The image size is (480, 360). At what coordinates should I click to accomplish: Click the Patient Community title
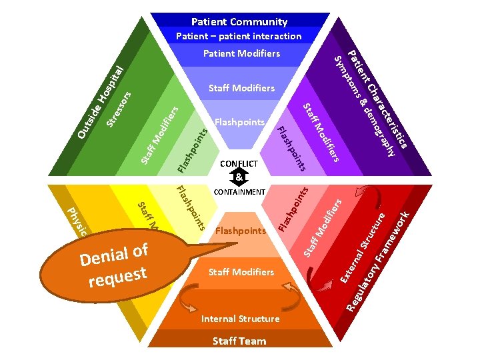(239, 21)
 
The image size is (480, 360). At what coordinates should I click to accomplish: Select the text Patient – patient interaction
(239, 36)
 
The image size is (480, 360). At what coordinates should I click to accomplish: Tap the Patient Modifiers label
(241, 53)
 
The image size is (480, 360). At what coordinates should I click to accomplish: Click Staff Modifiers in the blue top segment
(241, 88)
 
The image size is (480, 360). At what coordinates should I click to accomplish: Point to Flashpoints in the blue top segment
(240, 122)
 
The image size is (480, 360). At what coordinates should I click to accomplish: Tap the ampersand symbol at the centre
(239, 177)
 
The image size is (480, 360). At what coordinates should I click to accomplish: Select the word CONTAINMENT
(239, 192)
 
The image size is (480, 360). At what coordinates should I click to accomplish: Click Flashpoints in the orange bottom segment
(241, 231)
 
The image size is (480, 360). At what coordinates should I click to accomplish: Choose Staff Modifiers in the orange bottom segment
(241, 272)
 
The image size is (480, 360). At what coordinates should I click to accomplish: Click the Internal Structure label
(241, 319)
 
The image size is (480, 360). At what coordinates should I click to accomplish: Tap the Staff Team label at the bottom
(239, 341)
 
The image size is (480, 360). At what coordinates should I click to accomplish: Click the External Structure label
(364, 246)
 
